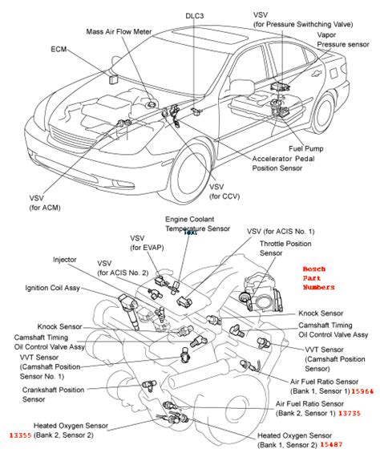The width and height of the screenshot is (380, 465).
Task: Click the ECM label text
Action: coord(59,49)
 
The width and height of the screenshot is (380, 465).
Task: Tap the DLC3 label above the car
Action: coord(195,16)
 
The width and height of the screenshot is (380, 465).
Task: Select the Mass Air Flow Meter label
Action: coord(119,32)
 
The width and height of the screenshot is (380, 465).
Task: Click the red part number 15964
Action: coord(362,391)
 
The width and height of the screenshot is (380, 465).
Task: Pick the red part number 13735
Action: coord(350,413)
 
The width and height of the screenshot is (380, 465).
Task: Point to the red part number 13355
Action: coord(21,435)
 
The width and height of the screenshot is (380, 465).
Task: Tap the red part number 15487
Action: coord(331,444)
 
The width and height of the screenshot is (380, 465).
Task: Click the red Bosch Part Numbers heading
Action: coord(318,278)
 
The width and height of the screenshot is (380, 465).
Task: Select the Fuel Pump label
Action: coord(305,148)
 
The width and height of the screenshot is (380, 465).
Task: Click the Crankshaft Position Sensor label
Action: coord(53,394)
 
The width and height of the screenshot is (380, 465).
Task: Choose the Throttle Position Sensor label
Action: coord(285,249)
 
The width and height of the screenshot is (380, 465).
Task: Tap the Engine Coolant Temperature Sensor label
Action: coord(197,224)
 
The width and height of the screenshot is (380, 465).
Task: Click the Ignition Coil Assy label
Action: coord(52,288)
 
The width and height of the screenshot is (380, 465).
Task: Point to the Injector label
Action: coord(65,260)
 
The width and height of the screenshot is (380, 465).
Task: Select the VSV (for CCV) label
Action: coord(224,192)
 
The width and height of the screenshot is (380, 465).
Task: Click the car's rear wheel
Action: coord(323,113)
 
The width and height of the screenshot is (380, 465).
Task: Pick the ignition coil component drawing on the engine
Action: coord(129,310)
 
